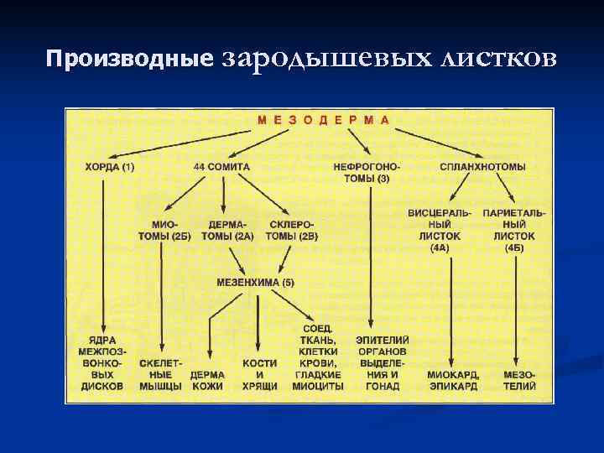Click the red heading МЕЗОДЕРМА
323,119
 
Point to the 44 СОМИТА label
221,167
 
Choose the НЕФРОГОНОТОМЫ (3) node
367,173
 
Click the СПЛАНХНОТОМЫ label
482,167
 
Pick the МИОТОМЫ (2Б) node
164,231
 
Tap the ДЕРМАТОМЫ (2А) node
227,231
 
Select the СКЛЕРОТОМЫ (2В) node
292,231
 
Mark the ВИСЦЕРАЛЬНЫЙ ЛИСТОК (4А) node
440,231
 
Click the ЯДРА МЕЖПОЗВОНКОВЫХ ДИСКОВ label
102,362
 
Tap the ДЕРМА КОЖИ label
207,380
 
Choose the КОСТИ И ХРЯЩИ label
259,374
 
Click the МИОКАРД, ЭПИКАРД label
452,380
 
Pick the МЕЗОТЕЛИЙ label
519,380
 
